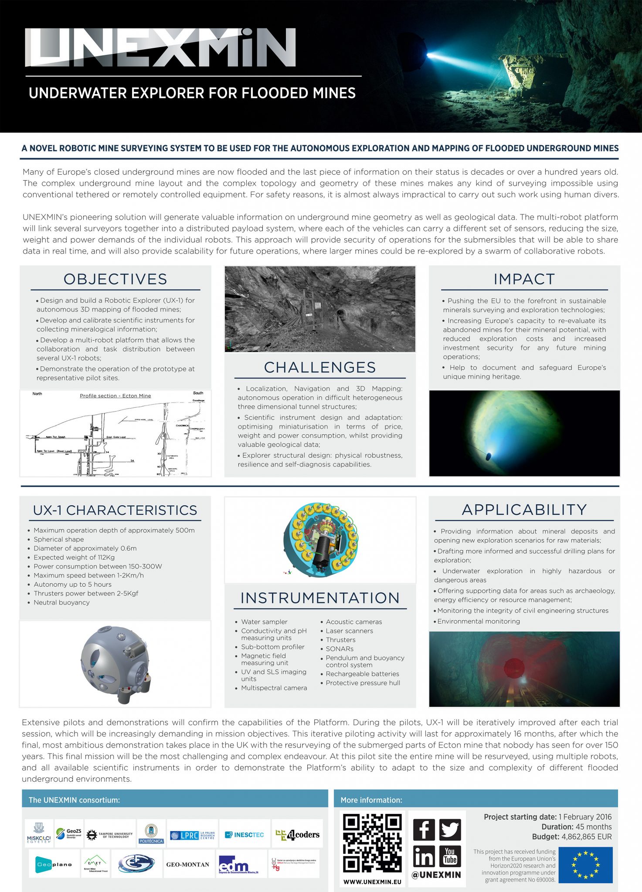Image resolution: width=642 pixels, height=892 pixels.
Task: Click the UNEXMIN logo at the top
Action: [160, 47]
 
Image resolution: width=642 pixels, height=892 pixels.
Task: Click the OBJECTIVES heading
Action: [115, 279]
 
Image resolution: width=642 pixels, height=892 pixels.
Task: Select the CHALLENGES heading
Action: [320, 368]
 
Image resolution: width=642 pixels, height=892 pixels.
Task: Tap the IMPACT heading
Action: [524, 279]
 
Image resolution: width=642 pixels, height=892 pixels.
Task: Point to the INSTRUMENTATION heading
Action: [320, 598]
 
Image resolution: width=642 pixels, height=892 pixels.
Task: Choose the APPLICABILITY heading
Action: [524, 510]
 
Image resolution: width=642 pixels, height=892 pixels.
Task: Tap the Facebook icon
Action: [424, 830]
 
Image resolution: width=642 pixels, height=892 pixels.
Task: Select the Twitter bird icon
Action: [450, 830]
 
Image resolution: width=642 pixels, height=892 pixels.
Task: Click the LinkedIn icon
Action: [424, 857]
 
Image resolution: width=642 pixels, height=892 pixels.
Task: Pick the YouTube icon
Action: [450, 857]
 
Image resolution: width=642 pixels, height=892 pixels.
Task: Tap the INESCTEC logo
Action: [245, 835]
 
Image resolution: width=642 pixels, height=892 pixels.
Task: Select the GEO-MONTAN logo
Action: [187, 865]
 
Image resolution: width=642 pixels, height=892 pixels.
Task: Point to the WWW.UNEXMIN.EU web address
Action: [372, 882]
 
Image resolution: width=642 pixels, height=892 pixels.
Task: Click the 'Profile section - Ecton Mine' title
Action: [115, 396]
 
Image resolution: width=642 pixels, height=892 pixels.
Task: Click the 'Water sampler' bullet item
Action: [264, 622]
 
